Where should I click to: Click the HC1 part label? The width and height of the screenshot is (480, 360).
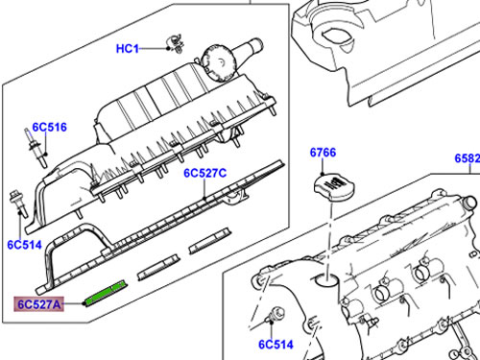tap(128, 49)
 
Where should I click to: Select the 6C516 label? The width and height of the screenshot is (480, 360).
tap(50, 127)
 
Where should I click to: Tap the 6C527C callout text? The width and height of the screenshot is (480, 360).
tap(204, 173)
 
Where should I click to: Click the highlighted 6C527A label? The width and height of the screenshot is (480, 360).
tap(38, 304)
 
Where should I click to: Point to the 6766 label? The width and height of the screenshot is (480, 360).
tap(323, 153)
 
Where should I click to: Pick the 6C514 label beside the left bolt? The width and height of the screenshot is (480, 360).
tap(24, 245)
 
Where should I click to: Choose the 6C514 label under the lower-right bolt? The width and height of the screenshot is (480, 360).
tap(276, 345)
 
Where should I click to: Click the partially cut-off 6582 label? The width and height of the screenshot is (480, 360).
tap(468, 158)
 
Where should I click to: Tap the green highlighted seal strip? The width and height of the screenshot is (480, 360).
tap(106, 293)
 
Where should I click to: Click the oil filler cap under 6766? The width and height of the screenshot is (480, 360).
tap(335, 188)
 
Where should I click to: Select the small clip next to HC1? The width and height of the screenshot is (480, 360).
tap(176, 43)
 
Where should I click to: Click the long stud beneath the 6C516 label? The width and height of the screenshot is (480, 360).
tap(36, 148)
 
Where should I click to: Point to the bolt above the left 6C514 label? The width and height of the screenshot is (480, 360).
tap(18, 204)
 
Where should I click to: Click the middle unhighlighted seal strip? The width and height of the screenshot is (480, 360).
tap(157, 268)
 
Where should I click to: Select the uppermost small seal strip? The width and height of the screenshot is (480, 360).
tap(209, 241)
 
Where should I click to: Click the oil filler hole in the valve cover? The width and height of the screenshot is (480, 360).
tap(326, 279)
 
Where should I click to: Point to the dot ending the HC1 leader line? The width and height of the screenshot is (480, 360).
tap(168, 49)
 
